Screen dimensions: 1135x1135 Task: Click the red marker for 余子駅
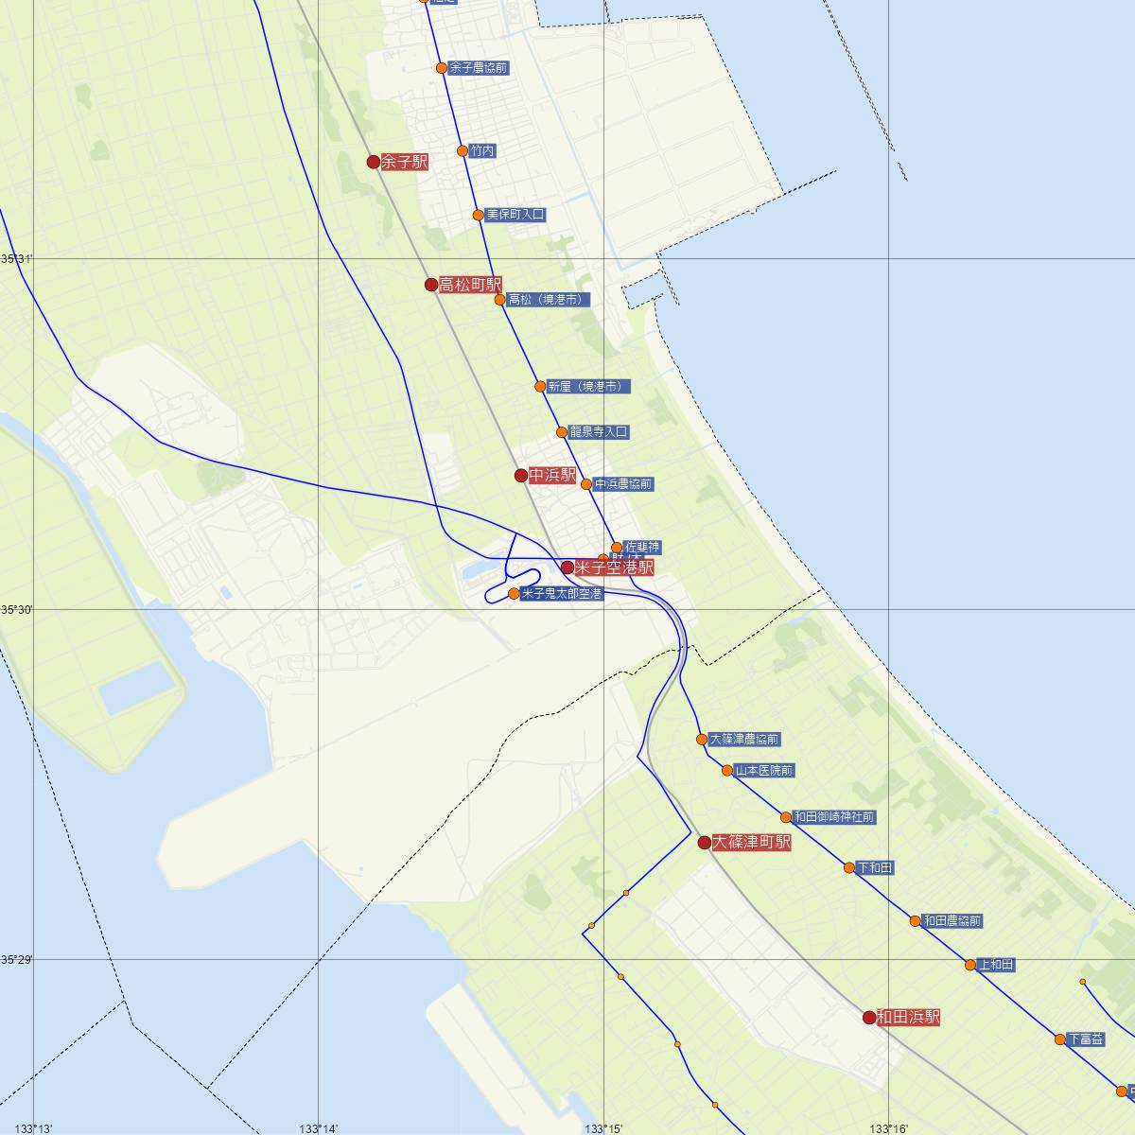click(374, 162)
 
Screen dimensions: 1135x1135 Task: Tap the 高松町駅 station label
click(470, 285)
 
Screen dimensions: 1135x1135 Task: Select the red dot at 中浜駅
click(521, 475)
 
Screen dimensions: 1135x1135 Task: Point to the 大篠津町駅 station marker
click(704, 842)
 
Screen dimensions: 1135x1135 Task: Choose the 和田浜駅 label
click(908, 1018)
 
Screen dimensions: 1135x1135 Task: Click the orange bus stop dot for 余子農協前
click(442, 68)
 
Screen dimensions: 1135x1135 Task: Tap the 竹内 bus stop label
click(482, 151)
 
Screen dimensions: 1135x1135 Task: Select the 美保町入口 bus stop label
click(515, 215)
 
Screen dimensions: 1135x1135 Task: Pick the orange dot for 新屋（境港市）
click(540, 386)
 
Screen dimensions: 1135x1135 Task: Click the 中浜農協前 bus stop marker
click(586, 484)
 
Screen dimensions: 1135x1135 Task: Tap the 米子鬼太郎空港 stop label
click(562, 594)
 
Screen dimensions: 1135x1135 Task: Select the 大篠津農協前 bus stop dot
click(702, 740)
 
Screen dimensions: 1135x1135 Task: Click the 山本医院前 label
click(764, 771)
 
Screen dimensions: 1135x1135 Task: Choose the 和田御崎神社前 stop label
click(834, 817)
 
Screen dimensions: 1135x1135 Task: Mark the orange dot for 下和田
click(849, 867)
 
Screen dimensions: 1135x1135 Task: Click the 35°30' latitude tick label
click(16, 610)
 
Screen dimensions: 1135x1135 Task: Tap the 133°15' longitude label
click(603, 1128)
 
